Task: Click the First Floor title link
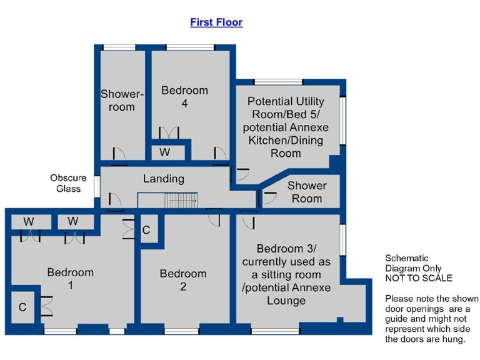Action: coord(216,22)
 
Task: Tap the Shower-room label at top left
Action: coord(122,100)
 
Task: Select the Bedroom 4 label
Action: coord(184,96)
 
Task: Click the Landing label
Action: coord(164,179)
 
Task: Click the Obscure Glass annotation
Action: coord(68,183)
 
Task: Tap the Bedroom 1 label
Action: coord(71,279)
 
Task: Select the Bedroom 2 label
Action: coord(182,280)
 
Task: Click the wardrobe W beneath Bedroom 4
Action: coord(164,152)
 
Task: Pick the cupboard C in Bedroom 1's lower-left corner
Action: coord(22,307)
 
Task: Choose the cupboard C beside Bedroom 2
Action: coord(146,230)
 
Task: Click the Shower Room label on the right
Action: coord(307,192)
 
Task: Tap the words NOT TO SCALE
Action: coord(418,278)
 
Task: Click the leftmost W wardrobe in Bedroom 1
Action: coord(29,221)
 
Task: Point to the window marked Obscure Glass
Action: coord(97,186)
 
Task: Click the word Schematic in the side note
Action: coord(407,258)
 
